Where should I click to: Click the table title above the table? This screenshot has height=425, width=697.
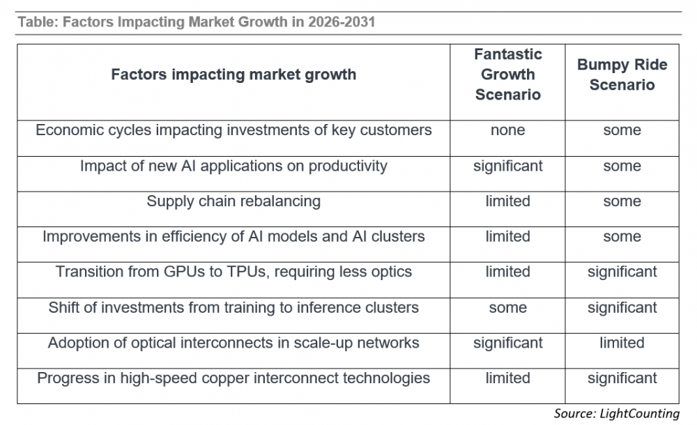point(196,22)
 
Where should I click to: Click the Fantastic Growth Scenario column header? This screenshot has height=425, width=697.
point(508,75)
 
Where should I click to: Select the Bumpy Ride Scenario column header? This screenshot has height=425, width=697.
point(622,75)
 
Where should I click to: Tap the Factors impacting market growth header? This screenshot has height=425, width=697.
point(233,75)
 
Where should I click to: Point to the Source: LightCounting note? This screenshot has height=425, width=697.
point(616,414)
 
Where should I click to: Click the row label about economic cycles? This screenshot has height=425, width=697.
point(233,130)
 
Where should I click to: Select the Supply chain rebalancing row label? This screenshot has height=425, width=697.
point(233,201)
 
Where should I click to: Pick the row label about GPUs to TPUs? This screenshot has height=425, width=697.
point(233,272)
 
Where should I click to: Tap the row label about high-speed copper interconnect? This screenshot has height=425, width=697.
point(233,378)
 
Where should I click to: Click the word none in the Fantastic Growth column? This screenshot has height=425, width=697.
point(508,130)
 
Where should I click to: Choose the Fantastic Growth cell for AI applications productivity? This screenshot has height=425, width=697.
point(508,166)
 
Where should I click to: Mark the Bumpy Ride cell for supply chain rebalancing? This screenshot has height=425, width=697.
point(622,201)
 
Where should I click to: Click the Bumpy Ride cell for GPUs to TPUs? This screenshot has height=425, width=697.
point(622,272)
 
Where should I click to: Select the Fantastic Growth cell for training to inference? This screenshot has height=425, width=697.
point(508,307)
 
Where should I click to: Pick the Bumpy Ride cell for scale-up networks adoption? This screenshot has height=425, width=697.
point(622,343)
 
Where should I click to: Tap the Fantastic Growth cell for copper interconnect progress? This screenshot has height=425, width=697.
point(508,378)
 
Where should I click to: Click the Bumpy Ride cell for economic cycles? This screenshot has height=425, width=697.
point(622,130)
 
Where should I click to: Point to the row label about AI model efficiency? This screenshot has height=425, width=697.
point(233,237)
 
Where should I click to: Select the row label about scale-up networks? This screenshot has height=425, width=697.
point(233,343)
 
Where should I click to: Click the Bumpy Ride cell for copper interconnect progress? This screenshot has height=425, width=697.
point(622,378)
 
